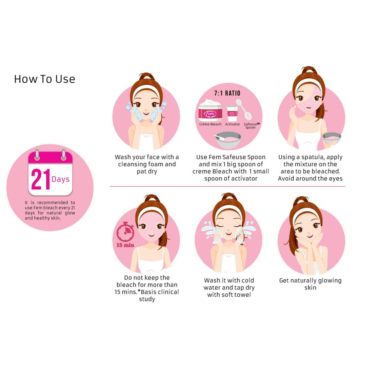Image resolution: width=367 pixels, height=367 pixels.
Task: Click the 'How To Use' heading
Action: click(45, 79)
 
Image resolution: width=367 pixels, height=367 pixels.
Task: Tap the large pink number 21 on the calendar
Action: click(41, 180)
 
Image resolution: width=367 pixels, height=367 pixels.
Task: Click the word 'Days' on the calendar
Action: click(61, 179)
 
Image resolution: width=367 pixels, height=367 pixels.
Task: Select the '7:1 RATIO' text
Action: click(227, 93)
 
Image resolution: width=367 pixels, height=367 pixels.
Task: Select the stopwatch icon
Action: click(125, 232)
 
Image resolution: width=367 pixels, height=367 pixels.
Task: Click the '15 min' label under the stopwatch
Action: click(125, 245)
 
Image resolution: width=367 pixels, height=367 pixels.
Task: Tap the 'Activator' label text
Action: click(232, 124)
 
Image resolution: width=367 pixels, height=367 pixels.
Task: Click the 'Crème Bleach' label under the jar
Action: click(210, 124)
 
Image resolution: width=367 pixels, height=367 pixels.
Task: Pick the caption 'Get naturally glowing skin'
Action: click(310, 284)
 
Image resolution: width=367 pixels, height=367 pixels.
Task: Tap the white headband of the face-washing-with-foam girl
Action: click(146, 89)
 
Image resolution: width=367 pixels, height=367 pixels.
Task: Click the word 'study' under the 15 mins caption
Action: click(147, 299)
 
